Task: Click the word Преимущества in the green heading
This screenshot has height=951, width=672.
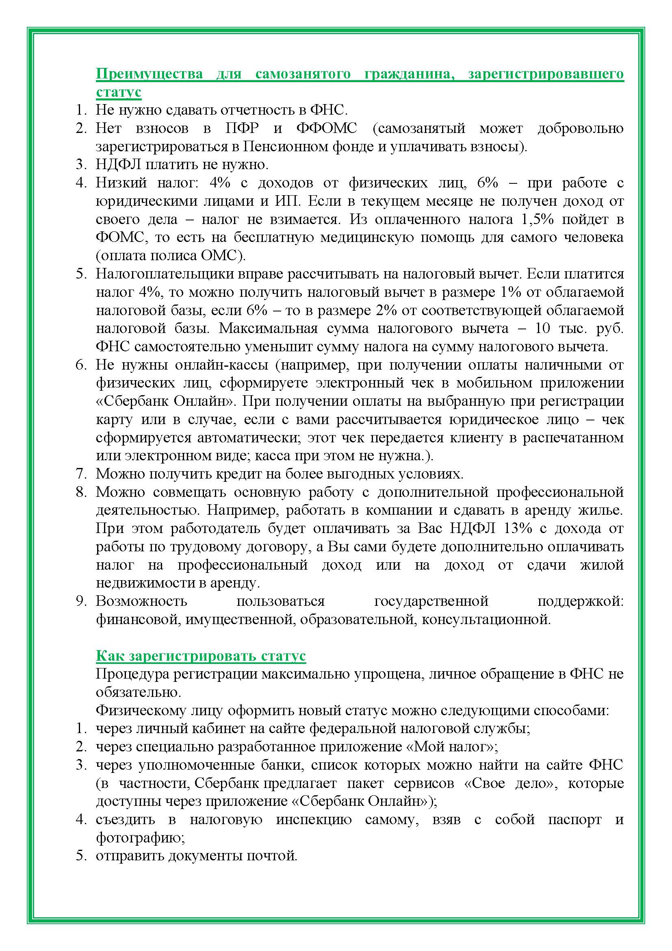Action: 150,74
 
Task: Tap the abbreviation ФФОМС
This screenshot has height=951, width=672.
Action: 327,128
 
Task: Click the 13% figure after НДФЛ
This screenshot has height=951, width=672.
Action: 518,529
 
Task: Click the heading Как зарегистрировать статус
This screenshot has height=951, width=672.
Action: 201,656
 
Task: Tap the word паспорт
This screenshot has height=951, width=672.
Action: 575,820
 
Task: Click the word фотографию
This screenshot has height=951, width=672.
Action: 140,838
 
